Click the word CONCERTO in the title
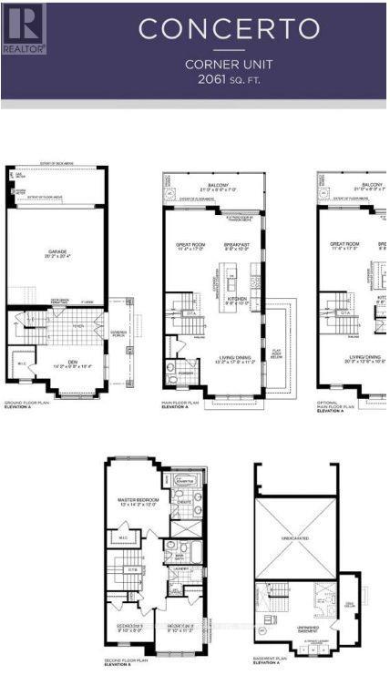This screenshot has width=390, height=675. [229, 28]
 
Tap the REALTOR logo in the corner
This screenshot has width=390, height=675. [23, 27]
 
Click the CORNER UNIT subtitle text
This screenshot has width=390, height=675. [229, 64]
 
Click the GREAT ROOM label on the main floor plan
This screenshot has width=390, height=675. [190, 244]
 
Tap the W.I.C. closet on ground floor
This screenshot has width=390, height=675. [21, 366]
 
